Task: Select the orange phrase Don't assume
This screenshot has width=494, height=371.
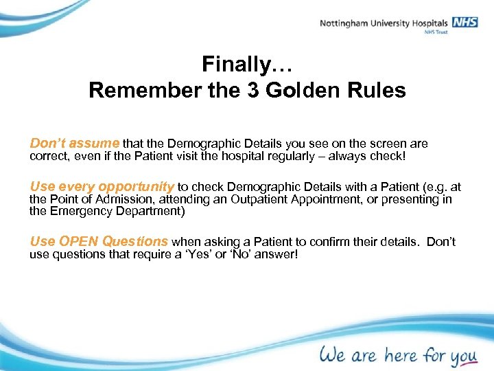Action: (75, 144)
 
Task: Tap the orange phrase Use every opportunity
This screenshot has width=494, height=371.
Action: (102, 187)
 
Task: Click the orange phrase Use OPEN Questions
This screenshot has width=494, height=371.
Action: (99, 241)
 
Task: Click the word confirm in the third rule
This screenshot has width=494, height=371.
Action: (327, 242)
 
